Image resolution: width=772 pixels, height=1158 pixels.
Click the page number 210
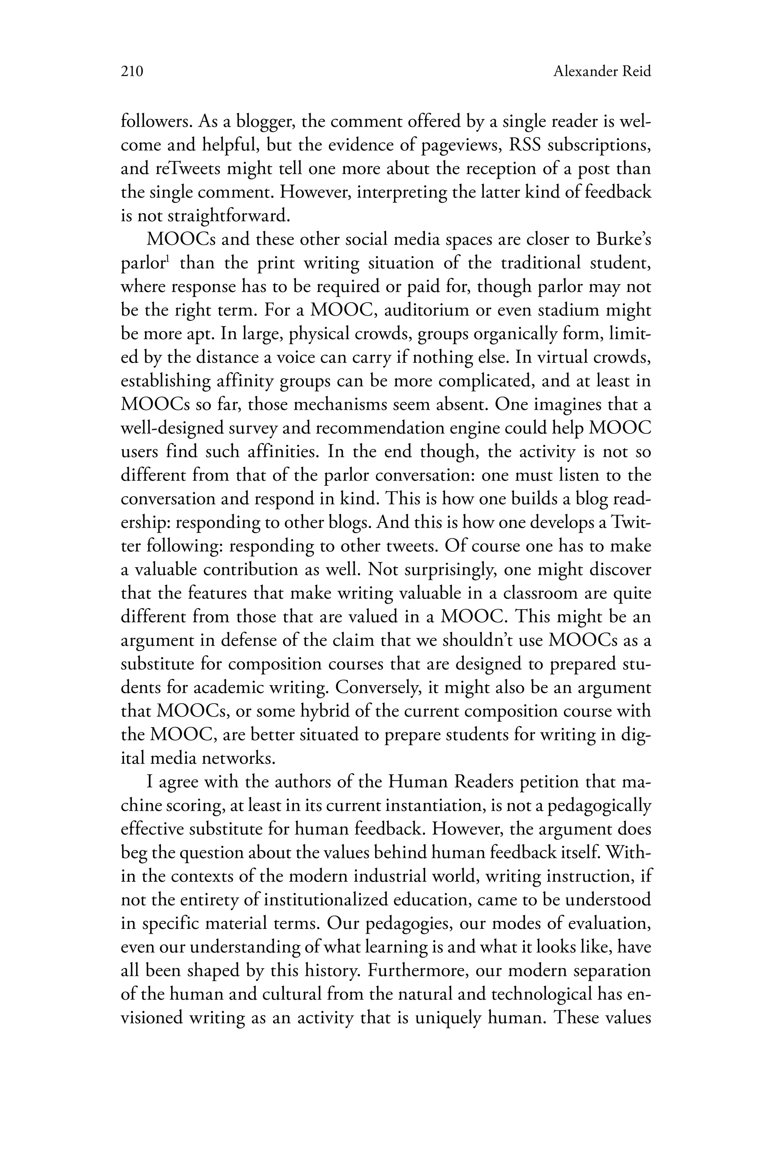(132, 72)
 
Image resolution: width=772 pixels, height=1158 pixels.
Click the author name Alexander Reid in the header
(602, 72)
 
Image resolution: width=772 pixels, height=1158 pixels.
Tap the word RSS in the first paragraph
(531, 145)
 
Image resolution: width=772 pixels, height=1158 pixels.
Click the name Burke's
(624, 240)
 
